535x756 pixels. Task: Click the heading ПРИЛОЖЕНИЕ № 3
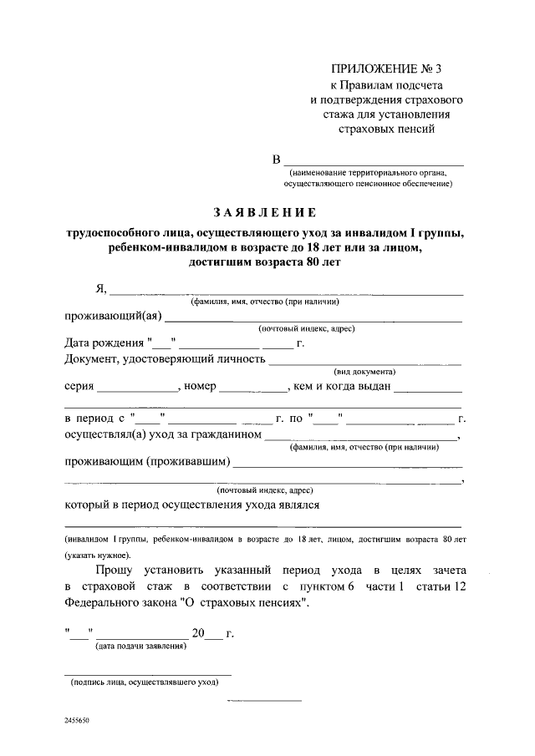tap(386, 68)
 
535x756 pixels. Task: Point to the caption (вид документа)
tap(364, 371)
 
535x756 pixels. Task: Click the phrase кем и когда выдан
tap(341, 387)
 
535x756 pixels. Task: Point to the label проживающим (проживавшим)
tap(147, 462)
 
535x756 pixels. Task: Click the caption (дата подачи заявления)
tap(141, 646)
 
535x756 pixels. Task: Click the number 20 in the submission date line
tap(198, 632)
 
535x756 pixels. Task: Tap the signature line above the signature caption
tap(148, 673)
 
